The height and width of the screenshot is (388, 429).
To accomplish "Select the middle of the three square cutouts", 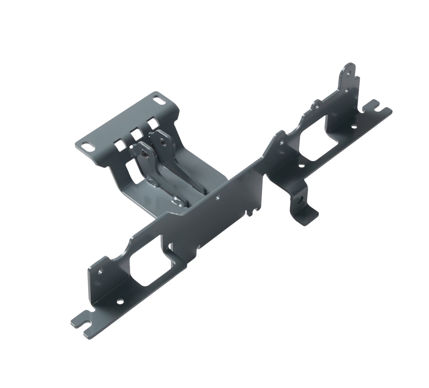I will point(136,134).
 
